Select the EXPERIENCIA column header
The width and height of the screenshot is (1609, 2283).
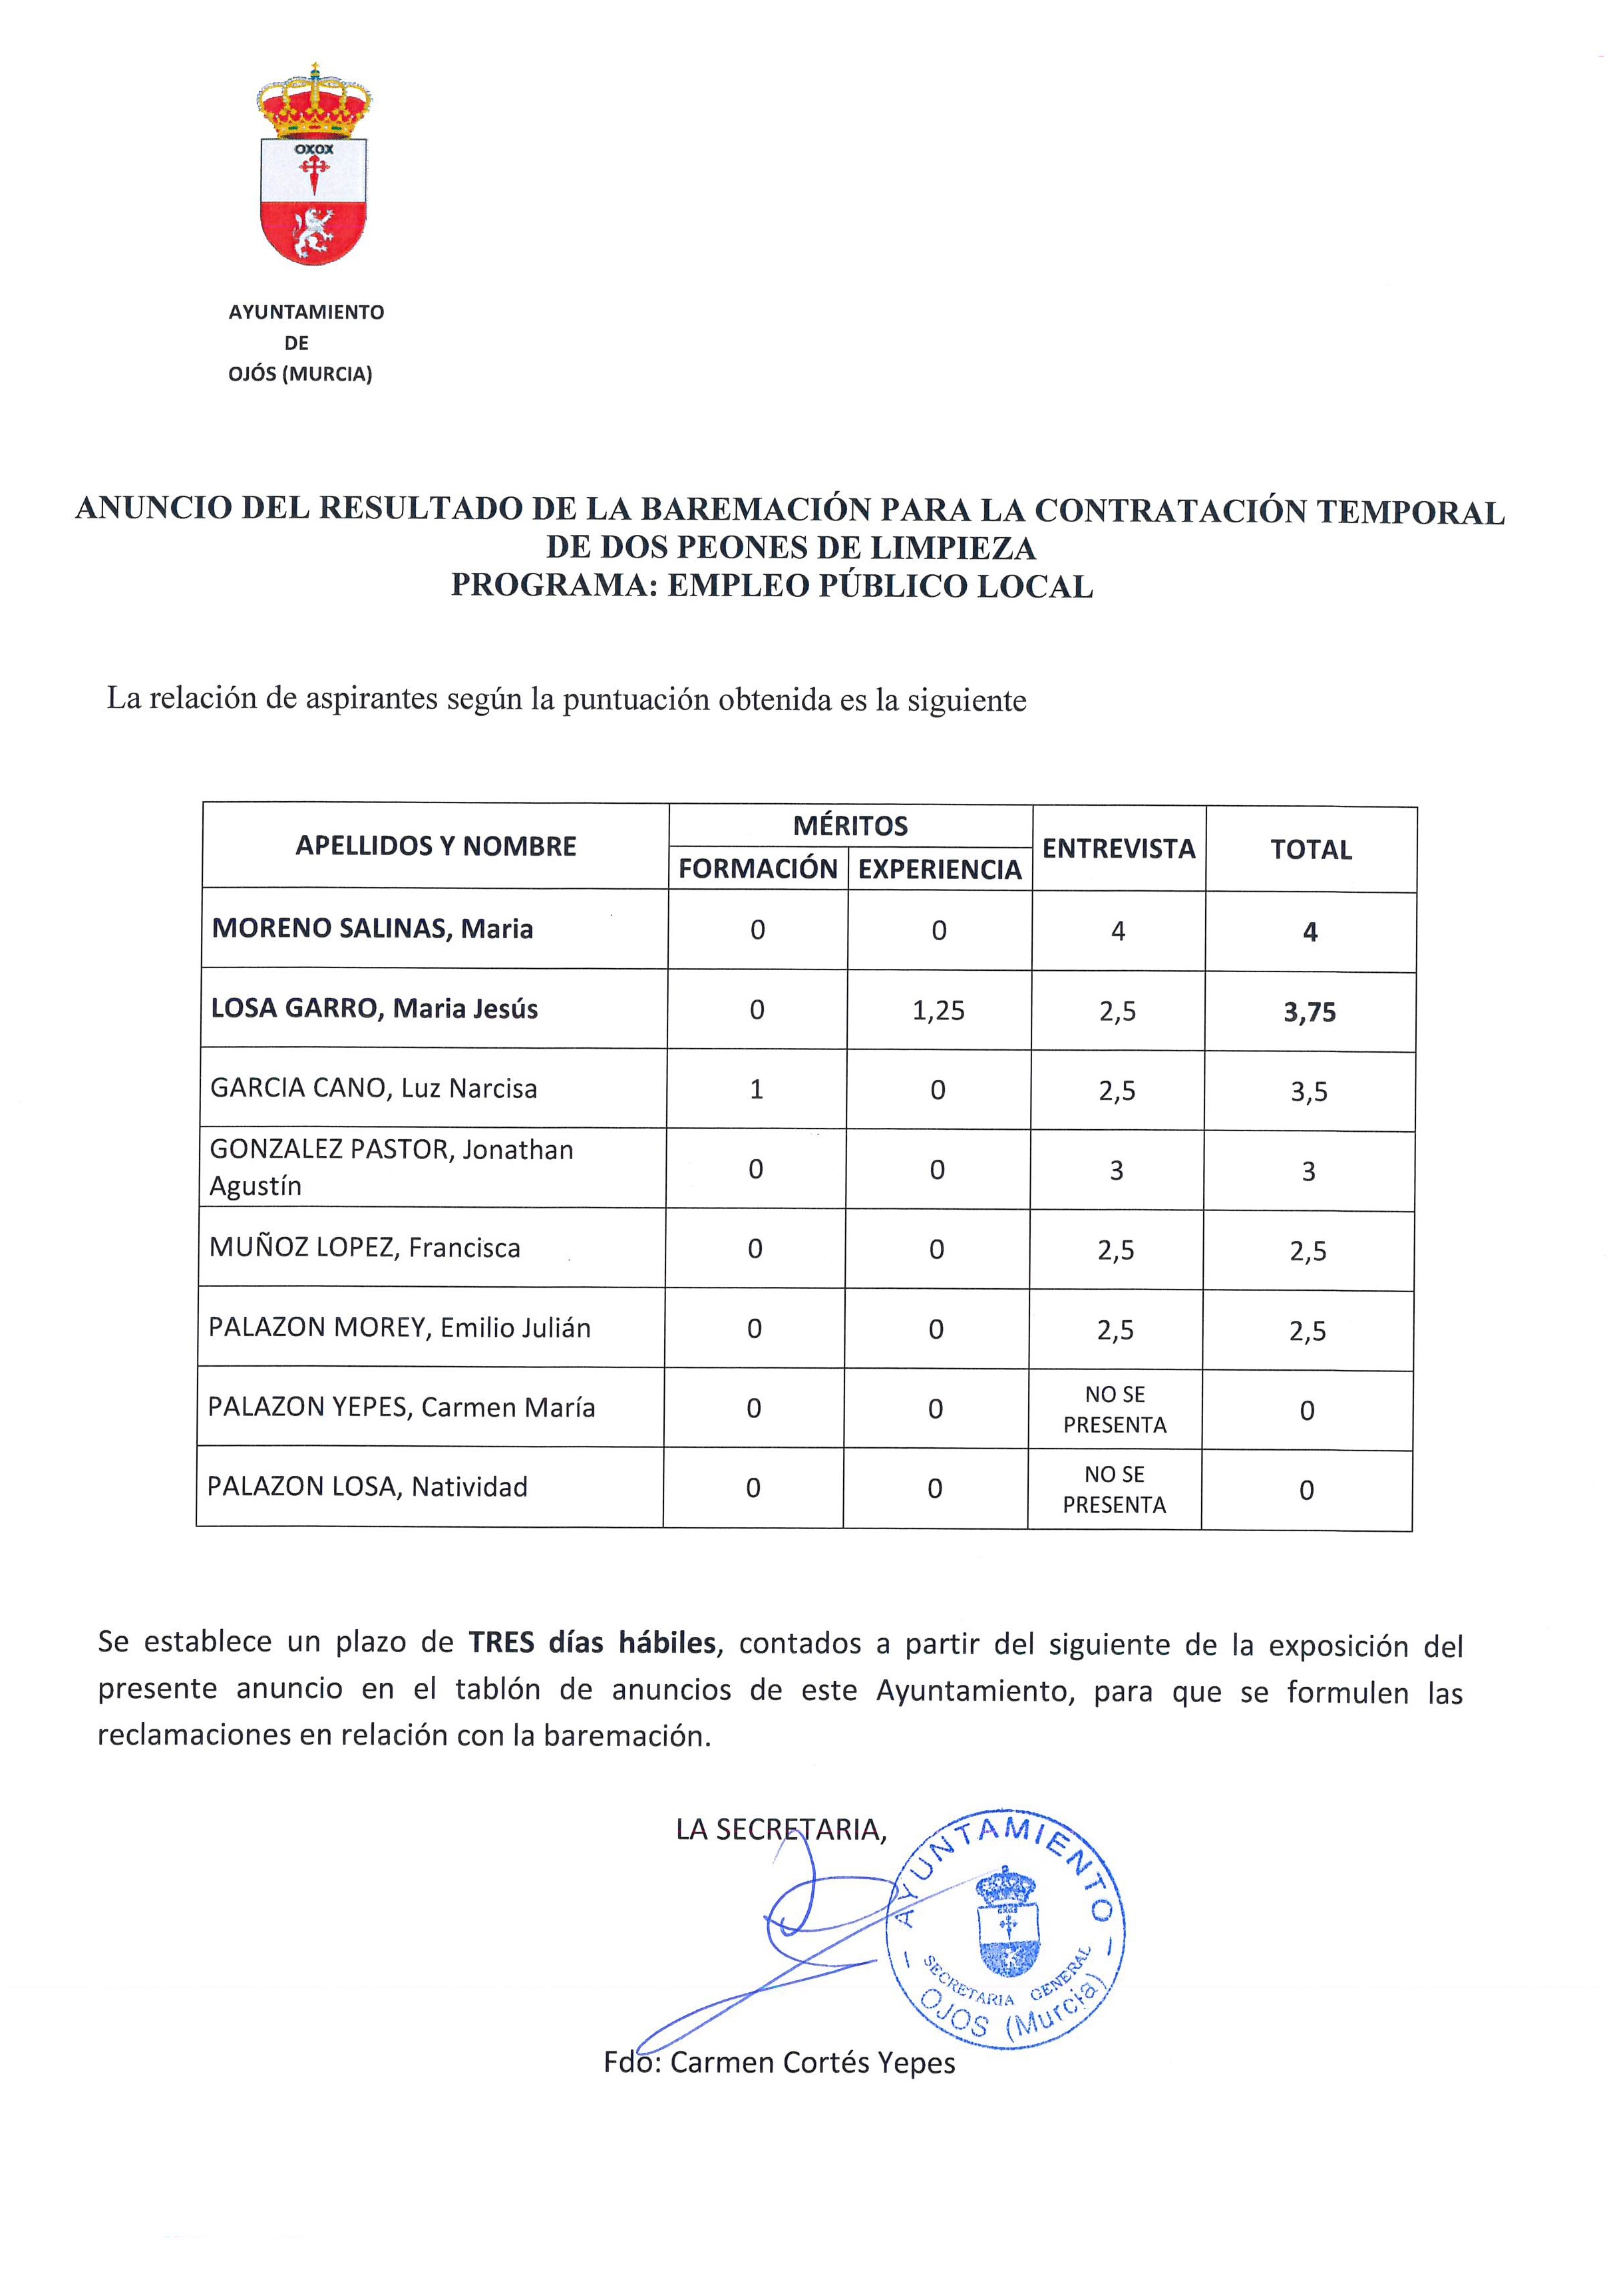point(940,870)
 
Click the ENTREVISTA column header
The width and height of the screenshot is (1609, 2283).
point(1119,848)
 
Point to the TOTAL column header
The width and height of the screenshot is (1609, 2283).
point(1311,850)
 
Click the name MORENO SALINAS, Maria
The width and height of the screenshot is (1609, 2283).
point(373,929)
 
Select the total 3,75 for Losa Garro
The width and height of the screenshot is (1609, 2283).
point(1310,1012)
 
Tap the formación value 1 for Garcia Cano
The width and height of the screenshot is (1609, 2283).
point(757,1090)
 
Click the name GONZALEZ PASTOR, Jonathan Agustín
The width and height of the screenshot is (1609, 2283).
point(391,1167)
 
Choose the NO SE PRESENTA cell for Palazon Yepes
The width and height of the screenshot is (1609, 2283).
point(1115,1410)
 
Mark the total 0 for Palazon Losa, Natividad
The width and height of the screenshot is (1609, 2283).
point(1307,1490)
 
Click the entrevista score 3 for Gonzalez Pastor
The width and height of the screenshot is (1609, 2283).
point(1117,1170)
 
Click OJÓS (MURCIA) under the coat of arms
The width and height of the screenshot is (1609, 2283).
point(300,375)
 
